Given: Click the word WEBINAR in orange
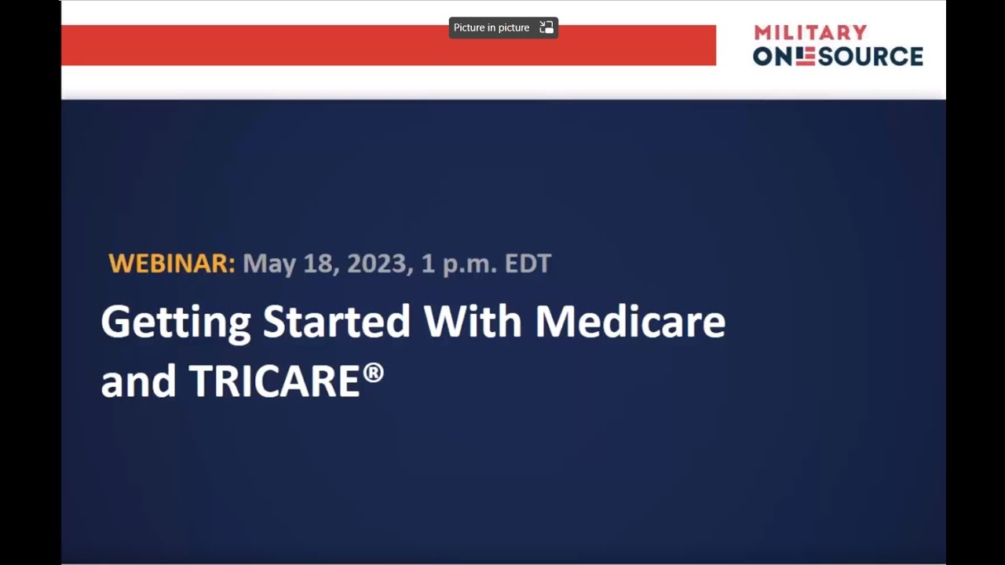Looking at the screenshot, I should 171,264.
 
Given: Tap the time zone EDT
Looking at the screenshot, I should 528,264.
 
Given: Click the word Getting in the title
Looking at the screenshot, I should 176,323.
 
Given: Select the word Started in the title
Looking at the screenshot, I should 337,321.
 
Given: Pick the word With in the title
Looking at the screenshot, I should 473,321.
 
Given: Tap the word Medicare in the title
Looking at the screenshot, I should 630,321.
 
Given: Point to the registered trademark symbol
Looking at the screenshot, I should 373,372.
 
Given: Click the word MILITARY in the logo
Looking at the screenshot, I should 810,33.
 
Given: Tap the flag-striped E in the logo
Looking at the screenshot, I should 805,56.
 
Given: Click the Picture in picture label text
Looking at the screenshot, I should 492,27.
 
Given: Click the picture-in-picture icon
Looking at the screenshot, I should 546,27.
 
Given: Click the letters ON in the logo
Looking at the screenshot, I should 773,56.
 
